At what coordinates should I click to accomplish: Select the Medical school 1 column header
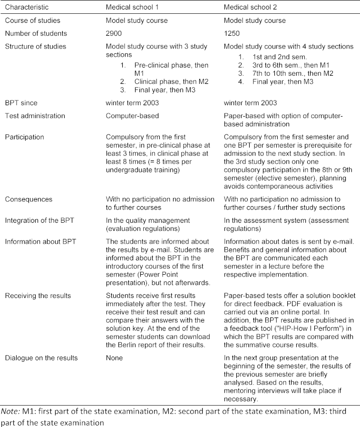(129, 7)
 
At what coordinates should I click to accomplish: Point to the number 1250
(233, 33)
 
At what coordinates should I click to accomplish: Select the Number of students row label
(36, 33)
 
